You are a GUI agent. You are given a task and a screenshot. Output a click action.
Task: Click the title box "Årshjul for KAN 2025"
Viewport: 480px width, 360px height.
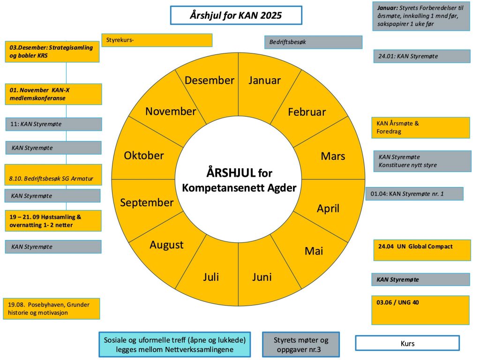[236, 15]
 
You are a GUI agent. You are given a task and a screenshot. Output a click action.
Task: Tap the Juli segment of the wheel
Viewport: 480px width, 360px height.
[211, 277]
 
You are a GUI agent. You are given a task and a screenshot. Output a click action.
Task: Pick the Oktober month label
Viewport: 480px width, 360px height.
[144, 155]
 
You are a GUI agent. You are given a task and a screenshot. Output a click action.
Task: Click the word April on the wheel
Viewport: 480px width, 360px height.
[328, 209]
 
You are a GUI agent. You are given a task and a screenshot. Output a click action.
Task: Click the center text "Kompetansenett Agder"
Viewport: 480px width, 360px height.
[239, 188]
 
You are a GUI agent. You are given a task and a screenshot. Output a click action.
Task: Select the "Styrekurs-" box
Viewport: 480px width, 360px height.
[157, 40]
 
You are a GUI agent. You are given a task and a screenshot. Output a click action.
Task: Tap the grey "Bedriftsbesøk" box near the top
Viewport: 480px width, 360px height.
[313, 42]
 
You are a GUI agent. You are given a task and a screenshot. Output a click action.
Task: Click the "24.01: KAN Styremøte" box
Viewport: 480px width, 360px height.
[421, 56]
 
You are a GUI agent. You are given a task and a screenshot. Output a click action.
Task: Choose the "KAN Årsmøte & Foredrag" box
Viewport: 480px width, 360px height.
[420, 127]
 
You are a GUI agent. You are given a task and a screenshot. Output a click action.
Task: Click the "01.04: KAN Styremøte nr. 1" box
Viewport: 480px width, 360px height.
[414, 194]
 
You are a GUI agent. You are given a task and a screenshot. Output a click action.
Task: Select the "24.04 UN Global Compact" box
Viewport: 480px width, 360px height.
[420, 250]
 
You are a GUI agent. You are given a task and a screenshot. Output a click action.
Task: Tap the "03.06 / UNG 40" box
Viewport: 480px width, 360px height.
[420, 309]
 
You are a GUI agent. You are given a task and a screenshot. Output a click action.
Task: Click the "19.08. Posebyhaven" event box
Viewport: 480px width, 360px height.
[51, 308]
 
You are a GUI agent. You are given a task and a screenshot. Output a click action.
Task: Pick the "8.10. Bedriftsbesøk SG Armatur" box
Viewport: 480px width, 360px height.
[53, 175]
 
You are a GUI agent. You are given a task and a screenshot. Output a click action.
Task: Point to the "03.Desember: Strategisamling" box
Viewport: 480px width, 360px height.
[52, 52]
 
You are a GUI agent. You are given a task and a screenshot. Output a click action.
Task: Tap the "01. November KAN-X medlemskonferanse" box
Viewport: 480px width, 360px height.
[53, 94]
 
